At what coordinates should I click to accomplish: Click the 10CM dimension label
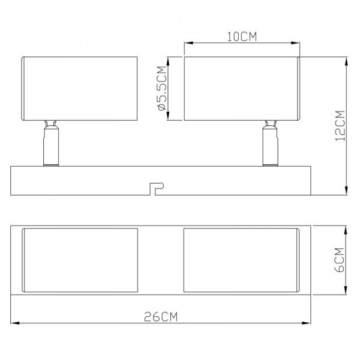pyautogui.click(x=242, y=37)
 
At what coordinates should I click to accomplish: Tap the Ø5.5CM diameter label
pyautogui.click(x=162, y=88)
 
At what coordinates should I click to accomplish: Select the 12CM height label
pyautogui.click(x=340, y=126)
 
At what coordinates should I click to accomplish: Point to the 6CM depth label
pyautogui.click(x=340, y=260)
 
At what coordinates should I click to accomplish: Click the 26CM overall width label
pyautogui.click(x=161, y=317)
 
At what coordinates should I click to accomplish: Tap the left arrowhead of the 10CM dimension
pyautogui.click(x=188, y=43)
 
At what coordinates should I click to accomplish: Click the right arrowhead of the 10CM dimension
pyautogui.click(x=295, y=43)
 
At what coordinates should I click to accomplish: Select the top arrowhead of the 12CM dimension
pyautogui.click(x=346, y=61)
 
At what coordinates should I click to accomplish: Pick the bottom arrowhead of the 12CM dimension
pyautogui.click(x=346, y=191)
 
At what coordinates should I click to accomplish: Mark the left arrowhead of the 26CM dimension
pyautogui.click(x=15, y=323)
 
